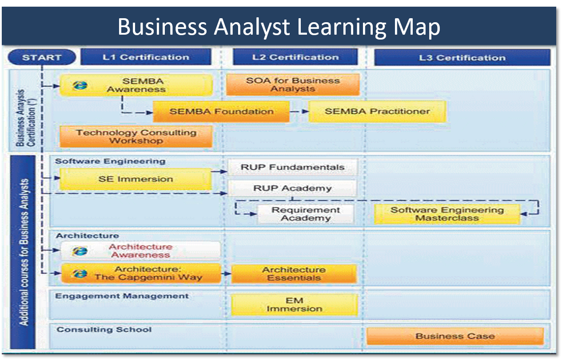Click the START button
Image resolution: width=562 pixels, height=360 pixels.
click(42, 57)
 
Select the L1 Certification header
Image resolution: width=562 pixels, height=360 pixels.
click(146, 57)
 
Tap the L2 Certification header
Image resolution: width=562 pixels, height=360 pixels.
click(295, 57)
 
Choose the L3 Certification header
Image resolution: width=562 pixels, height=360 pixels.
click(462, 57)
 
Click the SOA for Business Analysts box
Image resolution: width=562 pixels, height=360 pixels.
click(293, 84)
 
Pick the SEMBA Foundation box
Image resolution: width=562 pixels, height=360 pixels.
click(221, 112)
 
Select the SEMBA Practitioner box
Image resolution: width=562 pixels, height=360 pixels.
click(377, 112)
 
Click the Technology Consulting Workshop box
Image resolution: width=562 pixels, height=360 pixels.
click(136, 136)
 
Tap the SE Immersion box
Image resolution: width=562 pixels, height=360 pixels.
click(136, 179)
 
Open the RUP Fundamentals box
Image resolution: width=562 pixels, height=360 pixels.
click(292, 167)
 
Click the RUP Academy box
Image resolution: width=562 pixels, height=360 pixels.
click(292, 188)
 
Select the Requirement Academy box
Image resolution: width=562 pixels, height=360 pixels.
click(306, 214)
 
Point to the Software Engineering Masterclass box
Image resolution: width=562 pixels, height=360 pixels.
click(447, 214)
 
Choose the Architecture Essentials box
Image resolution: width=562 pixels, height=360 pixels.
click(294, 274)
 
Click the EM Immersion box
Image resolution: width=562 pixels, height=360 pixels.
click(295, 305)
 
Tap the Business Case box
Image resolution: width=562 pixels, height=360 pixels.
click(455, 336)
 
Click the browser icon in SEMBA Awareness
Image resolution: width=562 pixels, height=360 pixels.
click(80, 85)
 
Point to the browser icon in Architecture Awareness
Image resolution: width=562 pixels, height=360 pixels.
click(80, 251)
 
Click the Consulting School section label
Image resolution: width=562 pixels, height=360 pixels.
click(104, 329)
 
